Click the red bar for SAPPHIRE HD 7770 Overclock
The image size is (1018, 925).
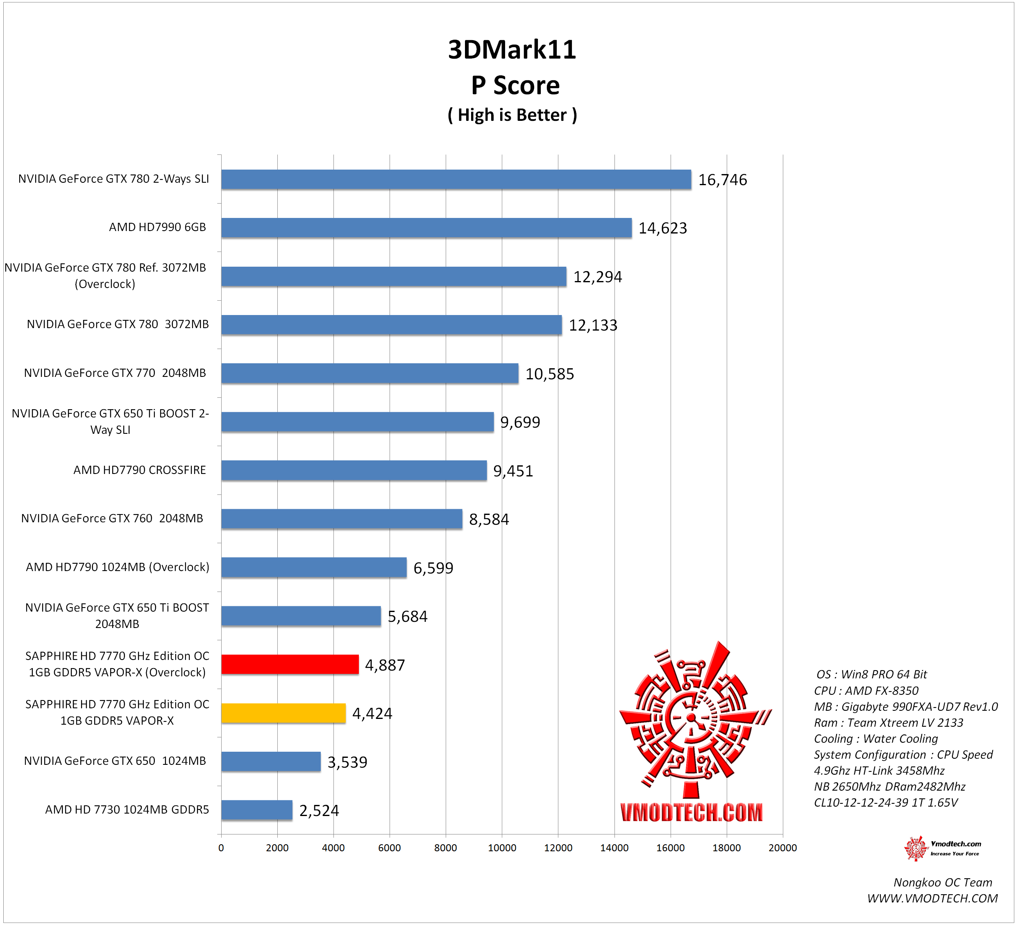290,664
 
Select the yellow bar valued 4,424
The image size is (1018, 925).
283,713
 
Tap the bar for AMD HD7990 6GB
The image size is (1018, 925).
426,228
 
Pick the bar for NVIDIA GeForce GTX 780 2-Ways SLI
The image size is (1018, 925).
456,179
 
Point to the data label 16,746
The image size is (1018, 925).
722,180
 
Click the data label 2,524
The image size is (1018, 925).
319,810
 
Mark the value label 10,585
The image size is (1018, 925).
549,374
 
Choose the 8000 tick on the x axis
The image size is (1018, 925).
445,848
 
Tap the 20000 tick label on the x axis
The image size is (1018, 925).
782,848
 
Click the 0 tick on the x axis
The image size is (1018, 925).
221,848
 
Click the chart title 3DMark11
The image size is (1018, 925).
512,50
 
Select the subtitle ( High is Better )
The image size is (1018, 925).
512,115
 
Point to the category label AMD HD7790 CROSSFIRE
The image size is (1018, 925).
139,470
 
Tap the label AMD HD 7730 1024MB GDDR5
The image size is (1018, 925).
127,810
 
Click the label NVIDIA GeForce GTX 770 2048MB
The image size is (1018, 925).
115,373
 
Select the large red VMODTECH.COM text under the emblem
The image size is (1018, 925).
691,812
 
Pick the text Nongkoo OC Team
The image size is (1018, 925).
942,882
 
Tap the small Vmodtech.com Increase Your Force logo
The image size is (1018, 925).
942,848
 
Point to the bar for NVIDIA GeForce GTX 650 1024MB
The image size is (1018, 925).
271,762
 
